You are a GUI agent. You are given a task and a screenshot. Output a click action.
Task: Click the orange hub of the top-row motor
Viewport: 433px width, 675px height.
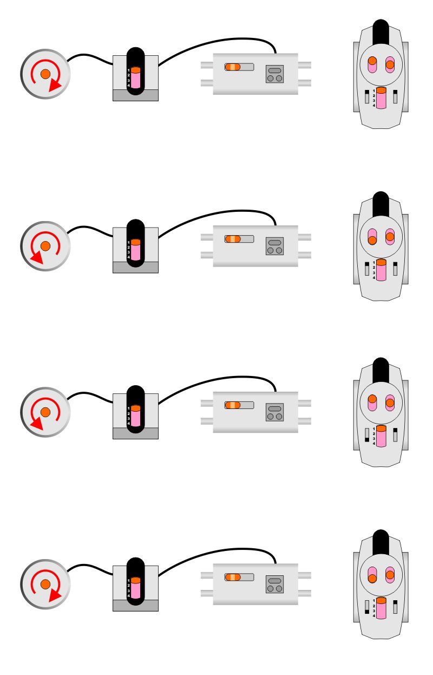(x=45, y=74)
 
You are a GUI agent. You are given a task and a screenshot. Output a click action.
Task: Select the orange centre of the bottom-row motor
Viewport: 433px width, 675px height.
(x=45, y=584)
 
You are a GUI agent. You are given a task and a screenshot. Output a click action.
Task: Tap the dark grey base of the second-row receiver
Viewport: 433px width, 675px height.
(x=135, y=267)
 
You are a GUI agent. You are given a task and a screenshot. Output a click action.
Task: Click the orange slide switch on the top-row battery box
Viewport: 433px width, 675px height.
(x=233, y=67)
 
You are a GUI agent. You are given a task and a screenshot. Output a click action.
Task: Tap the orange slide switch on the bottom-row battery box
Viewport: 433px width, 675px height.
(x=233, y=577)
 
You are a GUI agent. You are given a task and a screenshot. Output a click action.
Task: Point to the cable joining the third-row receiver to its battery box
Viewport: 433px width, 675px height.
(x=216, y=382)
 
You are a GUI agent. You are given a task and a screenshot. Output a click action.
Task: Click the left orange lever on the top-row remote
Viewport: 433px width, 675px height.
(x=372, y=62)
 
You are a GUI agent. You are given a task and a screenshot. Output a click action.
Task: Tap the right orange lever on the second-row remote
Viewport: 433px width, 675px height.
(x=390, y=236)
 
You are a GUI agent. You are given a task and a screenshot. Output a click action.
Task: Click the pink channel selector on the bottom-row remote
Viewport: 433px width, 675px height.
(x=381, y=608)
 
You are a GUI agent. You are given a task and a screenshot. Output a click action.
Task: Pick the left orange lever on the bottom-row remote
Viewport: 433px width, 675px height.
(x=372, y=578)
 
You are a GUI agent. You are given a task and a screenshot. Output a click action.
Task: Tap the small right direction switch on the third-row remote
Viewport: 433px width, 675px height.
(x=396, y=434)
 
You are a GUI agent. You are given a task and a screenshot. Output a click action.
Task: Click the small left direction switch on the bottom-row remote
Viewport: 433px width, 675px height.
(x=366, y=606)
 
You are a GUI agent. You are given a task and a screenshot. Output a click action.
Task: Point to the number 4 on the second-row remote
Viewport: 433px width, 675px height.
(x=374, y=278)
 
